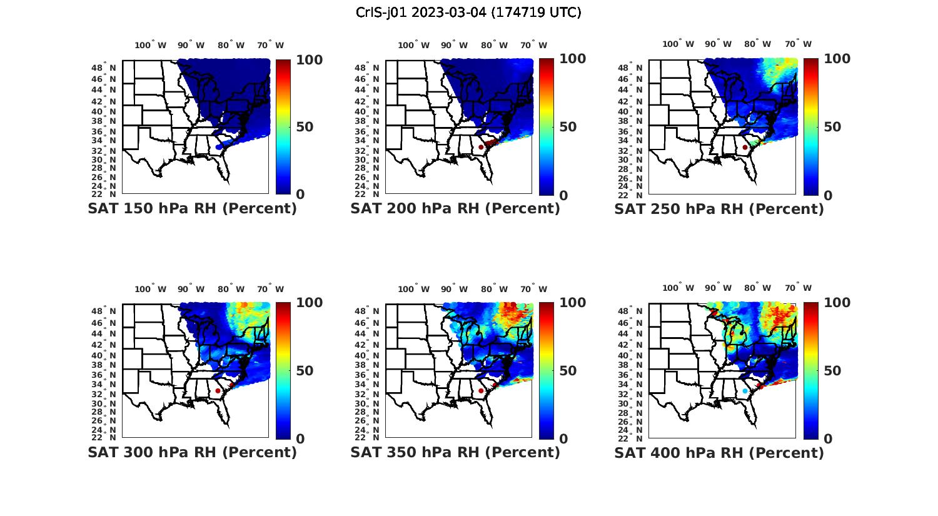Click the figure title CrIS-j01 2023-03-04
[x=468, y=13]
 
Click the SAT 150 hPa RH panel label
[x=192, y=209]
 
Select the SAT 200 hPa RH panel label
[x=455, y=209]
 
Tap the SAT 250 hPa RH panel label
[x=719, y=209]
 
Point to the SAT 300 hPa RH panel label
[x=192, y=452]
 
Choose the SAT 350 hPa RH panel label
[x=455, y=452]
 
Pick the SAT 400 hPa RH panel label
[x=719, y=452]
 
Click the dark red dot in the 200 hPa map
[x=481, y=147]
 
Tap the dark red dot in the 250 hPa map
[x=745, y=147]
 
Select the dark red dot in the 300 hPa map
[x=218, y=391]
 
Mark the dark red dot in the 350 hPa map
[x=481, y=391]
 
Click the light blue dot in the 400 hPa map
[x=745, y=391]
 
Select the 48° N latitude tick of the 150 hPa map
[x=104, y=67]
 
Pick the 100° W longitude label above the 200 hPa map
[x=413, y=45]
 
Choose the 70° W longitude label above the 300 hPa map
[x=270, y=289]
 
